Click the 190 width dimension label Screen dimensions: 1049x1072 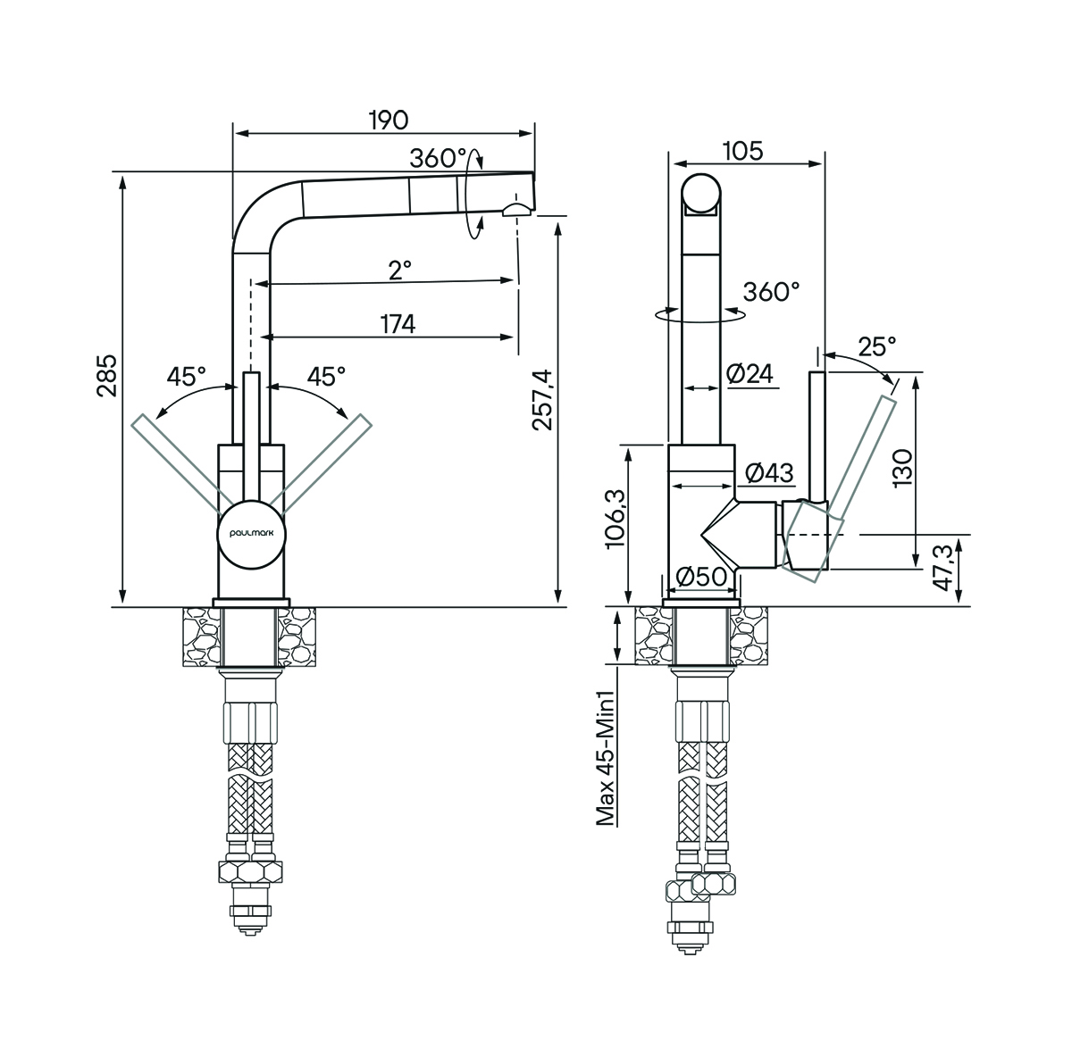tap(388, 120)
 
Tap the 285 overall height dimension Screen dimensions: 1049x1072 tap(107, 376)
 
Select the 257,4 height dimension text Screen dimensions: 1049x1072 tap(542, 400)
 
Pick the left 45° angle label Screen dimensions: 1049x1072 tap(186, 376)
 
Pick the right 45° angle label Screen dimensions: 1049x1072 tap(326, 376)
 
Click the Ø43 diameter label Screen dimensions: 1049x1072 tap(767, 473)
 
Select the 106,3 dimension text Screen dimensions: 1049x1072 tap(616, 520)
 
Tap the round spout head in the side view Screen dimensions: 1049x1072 tap(700, 195)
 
